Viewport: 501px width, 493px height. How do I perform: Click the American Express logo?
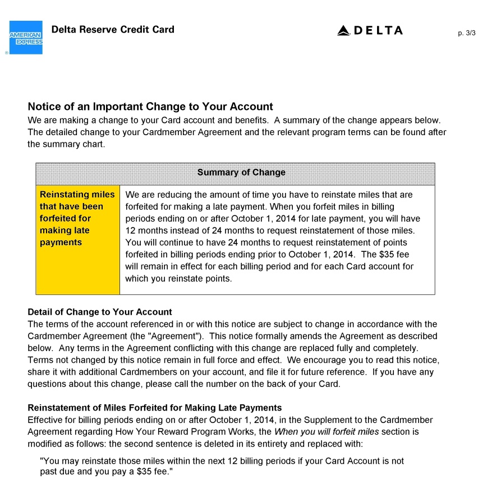[x=26, y=38]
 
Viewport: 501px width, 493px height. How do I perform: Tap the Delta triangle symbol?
[x=343, y=31]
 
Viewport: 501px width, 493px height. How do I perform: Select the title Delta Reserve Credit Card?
[x=113, y=30]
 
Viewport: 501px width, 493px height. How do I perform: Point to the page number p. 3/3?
[x=466, y=33]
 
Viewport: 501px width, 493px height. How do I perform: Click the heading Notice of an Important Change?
[x=150, y=107]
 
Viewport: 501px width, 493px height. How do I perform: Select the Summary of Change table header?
[x=241, y=173]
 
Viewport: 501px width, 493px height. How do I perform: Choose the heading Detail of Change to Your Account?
[x=100, y=312]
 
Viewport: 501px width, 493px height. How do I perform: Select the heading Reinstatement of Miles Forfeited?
[x=155, y=408]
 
